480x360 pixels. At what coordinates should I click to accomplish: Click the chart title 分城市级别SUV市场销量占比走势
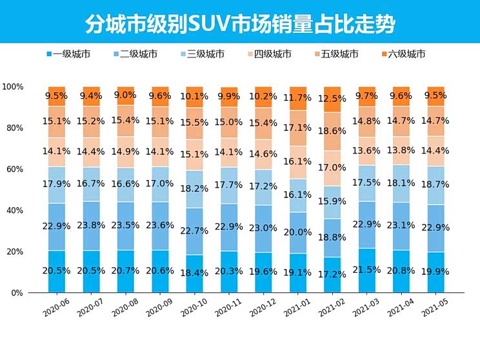(x=240, y=24)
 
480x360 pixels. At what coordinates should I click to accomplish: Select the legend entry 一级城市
(x=69, y=54)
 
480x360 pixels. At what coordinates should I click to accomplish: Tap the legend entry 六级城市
(x=402, y=54)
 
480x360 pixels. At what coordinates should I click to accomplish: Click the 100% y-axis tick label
(x=13, y=86)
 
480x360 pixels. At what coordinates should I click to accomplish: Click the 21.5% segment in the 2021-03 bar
(x=366, y=270)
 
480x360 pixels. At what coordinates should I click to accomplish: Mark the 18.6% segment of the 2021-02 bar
(x=332, y=131)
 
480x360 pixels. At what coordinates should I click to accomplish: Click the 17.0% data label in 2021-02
(x=332, y=168)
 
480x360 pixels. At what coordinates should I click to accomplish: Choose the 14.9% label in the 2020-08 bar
(x=124, y=152)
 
